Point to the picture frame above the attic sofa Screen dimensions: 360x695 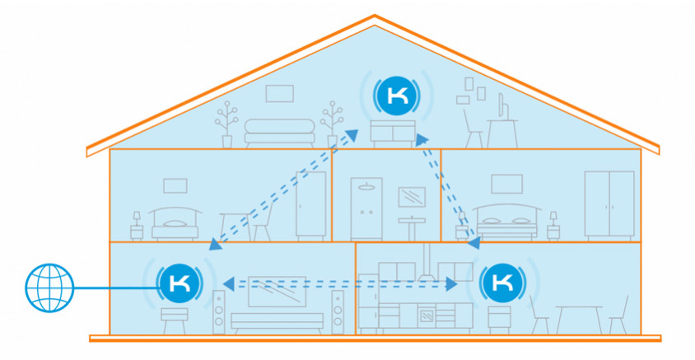[278, 93]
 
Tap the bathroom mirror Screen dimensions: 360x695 [411, 197]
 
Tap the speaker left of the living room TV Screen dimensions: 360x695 [219, 312]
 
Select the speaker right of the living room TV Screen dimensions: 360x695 [338, 312]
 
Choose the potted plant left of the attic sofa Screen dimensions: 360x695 [225, 122]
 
